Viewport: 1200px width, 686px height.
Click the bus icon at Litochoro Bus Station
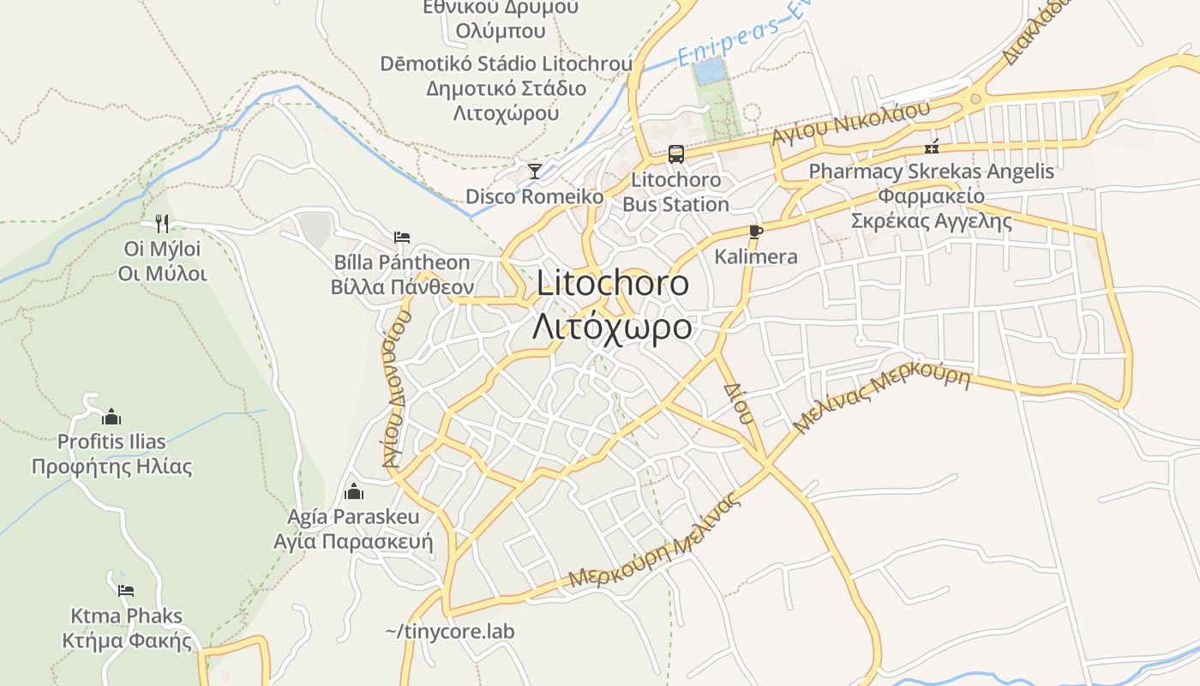[x=676, y=154]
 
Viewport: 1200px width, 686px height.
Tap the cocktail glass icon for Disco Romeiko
[x=535, y=171]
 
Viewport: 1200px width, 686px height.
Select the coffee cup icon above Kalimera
[x=755, y=231]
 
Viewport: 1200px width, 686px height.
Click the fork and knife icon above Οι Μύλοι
[x=162, y=224]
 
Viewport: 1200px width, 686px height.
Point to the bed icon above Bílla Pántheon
[x=401, y=237]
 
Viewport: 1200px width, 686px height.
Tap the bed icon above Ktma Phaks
[x=126, y=590]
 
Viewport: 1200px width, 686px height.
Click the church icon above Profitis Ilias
[x=111, y=418]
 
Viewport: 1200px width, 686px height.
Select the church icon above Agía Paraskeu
[x=353, y=492]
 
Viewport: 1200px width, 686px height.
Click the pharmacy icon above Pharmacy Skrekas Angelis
[x=932, y=147]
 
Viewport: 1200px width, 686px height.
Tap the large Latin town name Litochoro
[x=613, y=284]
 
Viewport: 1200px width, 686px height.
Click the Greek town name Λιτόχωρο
[x=612, y=327]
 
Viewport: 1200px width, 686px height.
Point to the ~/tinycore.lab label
[x=450, y=631]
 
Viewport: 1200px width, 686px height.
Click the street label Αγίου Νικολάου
[x=850, y=123]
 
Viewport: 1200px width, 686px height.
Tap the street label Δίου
[x=739, y=403]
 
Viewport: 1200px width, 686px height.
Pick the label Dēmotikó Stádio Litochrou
[x=507, y=63]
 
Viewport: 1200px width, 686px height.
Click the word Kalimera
[x=756, y=256]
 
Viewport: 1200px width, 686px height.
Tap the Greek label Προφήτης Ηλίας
[x=111, y=467]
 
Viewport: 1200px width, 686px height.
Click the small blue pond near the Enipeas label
[x=708, y=71]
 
